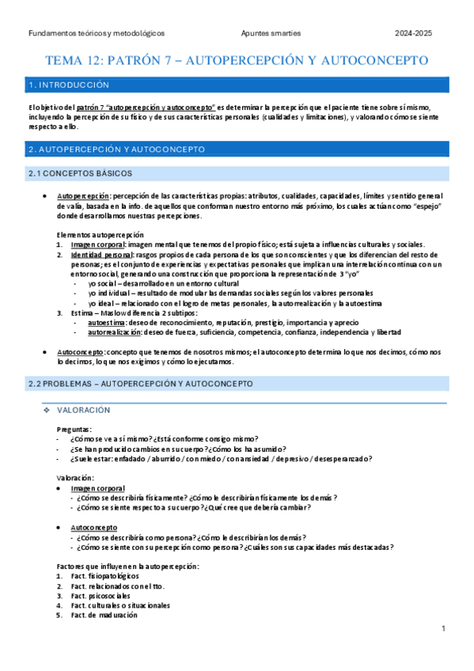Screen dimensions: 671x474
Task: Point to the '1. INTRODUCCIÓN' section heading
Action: coord(67,85)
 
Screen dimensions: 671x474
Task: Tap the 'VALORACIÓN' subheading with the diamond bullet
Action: coord(90,410)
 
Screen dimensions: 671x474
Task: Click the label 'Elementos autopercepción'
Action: coord(100,234)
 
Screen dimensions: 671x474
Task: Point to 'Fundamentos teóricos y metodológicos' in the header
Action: coord(97,34)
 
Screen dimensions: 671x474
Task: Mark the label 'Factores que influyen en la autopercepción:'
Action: coord(127,567)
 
